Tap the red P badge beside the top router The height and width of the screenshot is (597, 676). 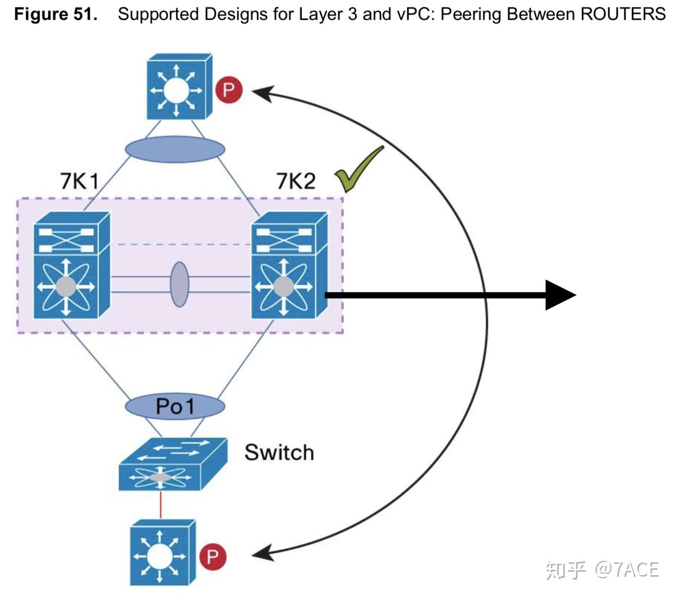click(229, 90)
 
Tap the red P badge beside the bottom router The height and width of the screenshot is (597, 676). click(213, 556)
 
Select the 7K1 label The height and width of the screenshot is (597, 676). click(79, 181)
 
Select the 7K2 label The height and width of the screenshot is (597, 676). click(295, 181)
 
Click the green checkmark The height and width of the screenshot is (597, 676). click(357, 169)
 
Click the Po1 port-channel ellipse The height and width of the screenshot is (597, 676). click(175, 406)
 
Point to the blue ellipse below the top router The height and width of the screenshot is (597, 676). click(175, 149)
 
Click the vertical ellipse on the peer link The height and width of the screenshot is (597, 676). click(179, 284)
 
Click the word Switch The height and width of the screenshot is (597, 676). click(279, 452)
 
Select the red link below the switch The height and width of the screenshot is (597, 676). click(160, 504)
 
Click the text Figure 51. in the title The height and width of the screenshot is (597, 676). click(55, 14)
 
